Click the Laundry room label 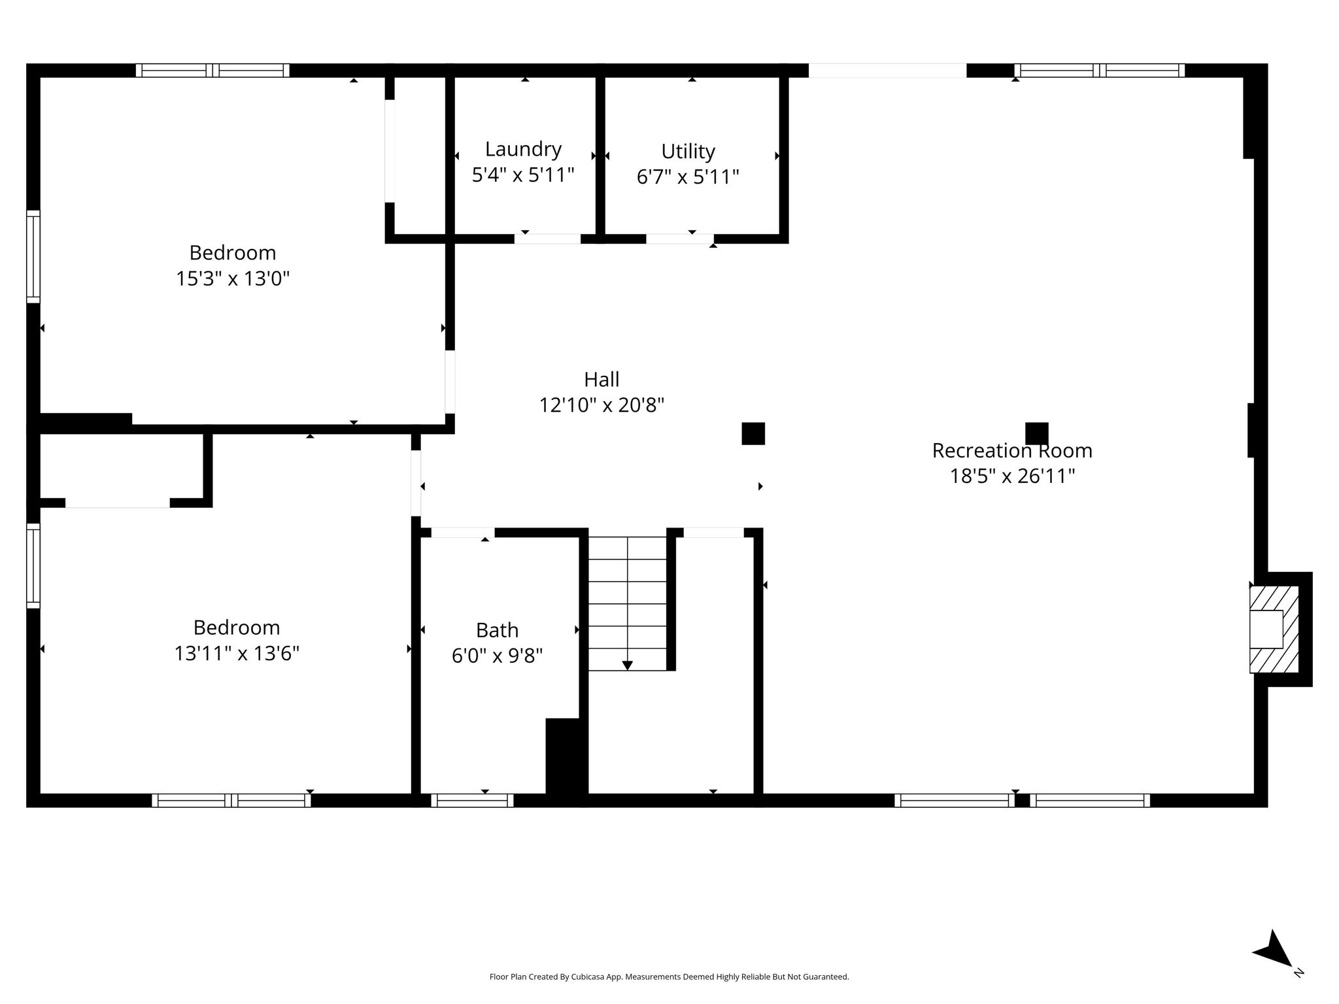[523, 149]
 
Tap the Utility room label [688, 151]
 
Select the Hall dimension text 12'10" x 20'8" [602, 405]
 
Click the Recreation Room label [1012, 450]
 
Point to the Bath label [497, 630]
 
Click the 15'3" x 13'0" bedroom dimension [233, 278]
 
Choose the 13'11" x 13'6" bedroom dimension [237, 653]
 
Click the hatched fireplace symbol [1274, 629]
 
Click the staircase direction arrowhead [628, 665]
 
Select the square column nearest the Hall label [753, 433]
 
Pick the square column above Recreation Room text [1037, 433]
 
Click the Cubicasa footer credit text [669, 977]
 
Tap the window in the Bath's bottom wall [472, 800]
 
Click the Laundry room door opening [547, 239]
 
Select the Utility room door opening [680, 239]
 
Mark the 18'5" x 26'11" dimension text [1012, 476]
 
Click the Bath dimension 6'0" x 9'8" [497, 656]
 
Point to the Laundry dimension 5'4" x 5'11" [523, 175]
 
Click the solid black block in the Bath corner [563, 756]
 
